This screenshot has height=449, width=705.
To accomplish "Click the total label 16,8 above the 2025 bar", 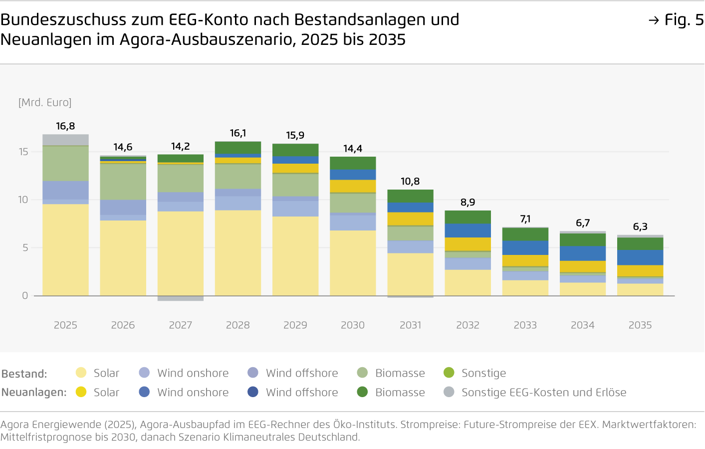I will (x=65, y=126).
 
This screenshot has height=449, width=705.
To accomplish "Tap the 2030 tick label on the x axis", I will (x=353, y=325).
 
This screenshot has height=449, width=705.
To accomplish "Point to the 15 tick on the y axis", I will (x=23, y=152).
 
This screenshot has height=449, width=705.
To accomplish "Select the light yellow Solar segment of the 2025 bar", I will (x=65, y=249).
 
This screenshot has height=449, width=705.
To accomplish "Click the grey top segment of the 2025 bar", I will (x=65, y=140).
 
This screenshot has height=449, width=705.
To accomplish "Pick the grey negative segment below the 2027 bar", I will (x=180, y=298).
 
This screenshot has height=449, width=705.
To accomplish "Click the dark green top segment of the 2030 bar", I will (x=353, y=163).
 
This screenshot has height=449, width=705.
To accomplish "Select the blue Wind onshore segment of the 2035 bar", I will (x=640, y=257).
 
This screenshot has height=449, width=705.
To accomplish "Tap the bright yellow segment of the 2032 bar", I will (x=468, y=244).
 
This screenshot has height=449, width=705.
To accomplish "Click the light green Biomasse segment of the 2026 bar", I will (x=123, y=182).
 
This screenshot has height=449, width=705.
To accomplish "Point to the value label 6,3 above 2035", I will (x=640, y=226).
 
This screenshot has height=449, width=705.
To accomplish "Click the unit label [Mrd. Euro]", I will (x=45, y=103).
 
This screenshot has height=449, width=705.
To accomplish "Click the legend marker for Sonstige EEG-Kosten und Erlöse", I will (x=449, y=392).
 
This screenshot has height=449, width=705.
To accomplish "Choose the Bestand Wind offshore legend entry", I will (x=301, y=373).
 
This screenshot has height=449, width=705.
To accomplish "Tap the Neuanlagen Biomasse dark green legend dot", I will (x=363, y=392).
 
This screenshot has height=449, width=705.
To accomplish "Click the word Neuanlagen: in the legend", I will (x=34, y=392).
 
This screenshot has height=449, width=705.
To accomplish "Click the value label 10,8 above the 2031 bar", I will (x=410, y=182).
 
